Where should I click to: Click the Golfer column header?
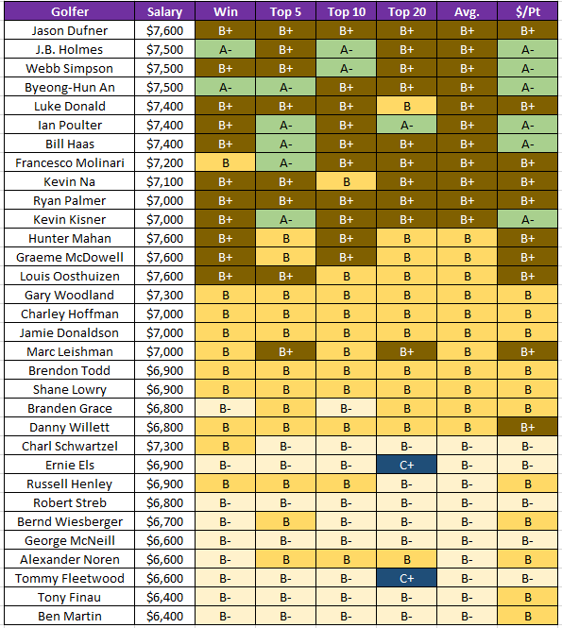tap(70, 11)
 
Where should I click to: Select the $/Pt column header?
tap(528, 11)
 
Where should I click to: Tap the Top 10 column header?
tap(347, 11)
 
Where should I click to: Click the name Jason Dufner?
tap(70, 30)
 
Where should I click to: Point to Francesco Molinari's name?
tap(70, 162)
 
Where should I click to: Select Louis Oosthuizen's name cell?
tap(70, 276)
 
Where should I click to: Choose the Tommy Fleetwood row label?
tap(70, 578)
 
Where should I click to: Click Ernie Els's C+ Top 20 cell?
tap(406, 465)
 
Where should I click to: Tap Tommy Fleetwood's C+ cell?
tap(406, 578)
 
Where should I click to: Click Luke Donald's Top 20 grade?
tap(406, 106)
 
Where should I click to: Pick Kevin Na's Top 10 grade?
tap(347, 181)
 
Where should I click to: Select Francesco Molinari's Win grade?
tap(226, 162)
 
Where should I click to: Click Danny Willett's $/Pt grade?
tap(528, 427)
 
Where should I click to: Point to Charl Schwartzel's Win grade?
tap(226, 446)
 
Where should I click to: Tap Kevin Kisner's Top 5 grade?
tap(285, 219)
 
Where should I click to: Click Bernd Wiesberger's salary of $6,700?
tap(164, 521)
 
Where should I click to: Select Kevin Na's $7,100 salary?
tap(164, 181)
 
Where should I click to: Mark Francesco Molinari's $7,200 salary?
tap(164, 162)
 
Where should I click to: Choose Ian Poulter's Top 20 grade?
tap(406, 125)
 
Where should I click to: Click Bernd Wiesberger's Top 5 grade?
tap(285, 521)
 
